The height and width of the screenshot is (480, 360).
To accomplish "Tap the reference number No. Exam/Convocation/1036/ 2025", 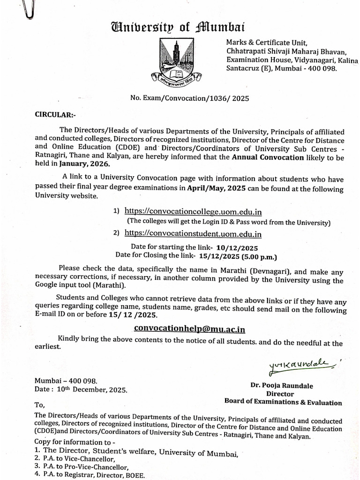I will (x=189, y=98).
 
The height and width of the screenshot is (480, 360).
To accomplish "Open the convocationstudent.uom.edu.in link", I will (x=193, y=233).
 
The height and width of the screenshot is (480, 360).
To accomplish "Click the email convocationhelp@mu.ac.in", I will (x=189, y=328).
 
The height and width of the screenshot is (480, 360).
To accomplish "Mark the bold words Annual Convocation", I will (x=268, y=157).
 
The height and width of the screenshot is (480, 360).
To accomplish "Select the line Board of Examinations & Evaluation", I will (x=283, y=402).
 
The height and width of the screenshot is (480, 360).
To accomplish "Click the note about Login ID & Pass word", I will (x=229, y=222).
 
